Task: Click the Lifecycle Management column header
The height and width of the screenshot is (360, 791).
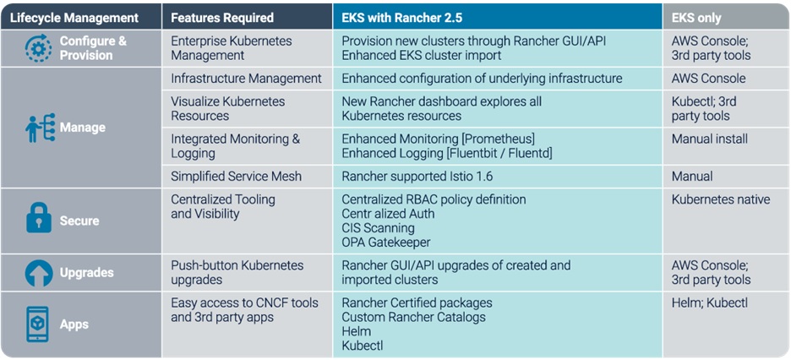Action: (x=74, y=18)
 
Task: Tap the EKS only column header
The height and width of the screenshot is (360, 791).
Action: (x=696, y=18)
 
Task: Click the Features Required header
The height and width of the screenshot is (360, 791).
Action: (x=222, y=18)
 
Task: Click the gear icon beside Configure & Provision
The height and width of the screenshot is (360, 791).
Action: (x=38, y=48)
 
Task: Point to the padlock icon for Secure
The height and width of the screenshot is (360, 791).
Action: (x=39, y=218)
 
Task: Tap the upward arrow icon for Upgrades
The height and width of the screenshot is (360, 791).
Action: (x=39, y=273)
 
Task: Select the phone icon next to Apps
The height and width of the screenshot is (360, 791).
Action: (x=38, y=325)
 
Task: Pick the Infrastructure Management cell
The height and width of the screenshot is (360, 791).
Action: (x=246, y=79)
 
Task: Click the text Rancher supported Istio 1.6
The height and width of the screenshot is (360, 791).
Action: (x=417, y=177)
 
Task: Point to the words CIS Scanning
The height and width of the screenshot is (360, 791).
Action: (x=379, y=228)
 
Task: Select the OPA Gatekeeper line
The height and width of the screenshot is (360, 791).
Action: (x=386, y=243)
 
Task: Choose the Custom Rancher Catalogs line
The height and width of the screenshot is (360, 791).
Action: (x=413, y=317)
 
